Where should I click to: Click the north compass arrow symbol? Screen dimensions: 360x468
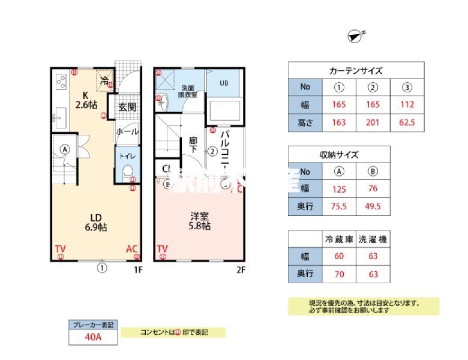355,36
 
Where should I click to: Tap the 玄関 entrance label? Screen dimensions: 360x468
127,107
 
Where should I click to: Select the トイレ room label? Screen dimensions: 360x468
127,156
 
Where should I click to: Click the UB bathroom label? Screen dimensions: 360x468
223,83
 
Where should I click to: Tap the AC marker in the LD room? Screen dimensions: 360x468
133,248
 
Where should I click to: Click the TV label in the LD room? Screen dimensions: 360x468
60,248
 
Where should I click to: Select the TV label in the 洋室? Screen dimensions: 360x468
162,248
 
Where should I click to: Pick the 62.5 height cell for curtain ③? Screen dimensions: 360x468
407,123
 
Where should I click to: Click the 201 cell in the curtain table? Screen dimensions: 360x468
373,123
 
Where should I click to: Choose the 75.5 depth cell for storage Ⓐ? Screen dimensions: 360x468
339,207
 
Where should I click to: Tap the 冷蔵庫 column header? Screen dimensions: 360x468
339,239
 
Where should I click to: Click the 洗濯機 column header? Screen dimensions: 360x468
373,239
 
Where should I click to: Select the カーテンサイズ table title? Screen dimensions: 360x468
356,70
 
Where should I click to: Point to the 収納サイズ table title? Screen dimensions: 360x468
339,154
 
